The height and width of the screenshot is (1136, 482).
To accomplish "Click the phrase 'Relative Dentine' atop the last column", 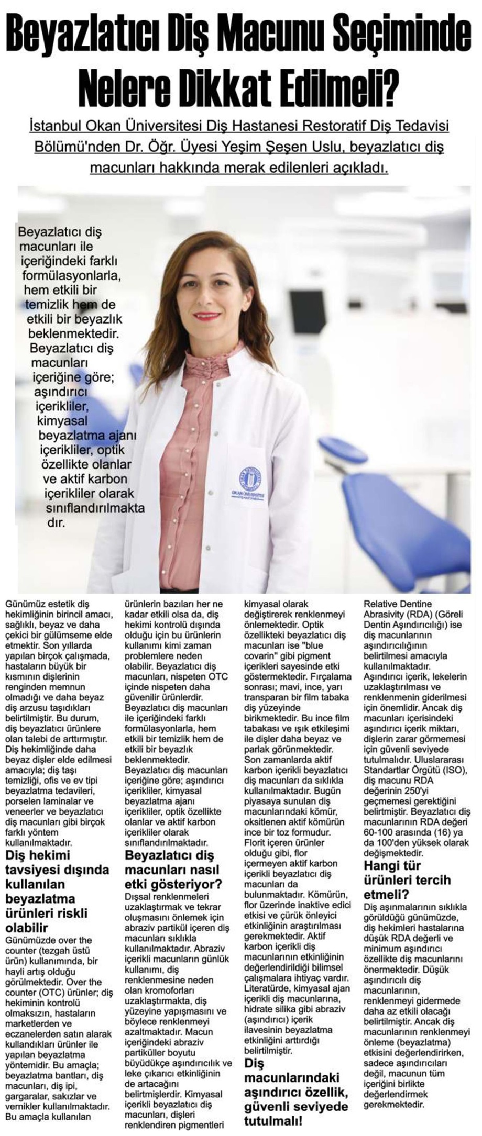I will pos(398,604).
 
